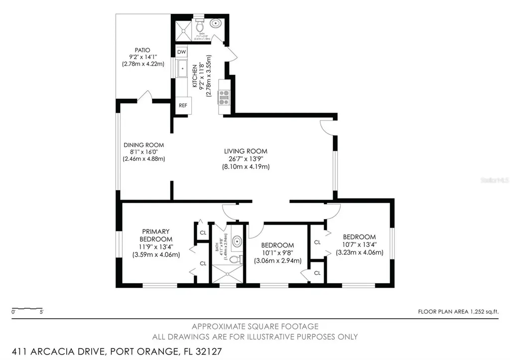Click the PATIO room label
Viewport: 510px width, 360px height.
click(x=142, y=50)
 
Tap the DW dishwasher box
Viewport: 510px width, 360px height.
click(x=182, y=52)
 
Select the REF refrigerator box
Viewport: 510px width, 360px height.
click(x=182, y=106)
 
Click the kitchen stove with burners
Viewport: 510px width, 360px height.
click(x=223, y=96)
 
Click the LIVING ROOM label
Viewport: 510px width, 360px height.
click(x=246, y=151)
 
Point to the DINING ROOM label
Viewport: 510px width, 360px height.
click(x=144, y=145)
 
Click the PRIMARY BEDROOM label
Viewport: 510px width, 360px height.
click(x=156, y=235)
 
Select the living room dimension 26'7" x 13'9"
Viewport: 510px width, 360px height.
click(x=246, y=159)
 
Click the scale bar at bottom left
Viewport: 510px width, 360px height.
click(x=28, y=308)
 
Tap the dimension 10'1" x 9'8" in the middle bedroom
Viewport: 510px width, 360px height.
click(x=277, y=253)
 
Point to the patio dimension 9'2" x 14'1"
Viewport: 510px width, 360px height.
click(x=142, y=57)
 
